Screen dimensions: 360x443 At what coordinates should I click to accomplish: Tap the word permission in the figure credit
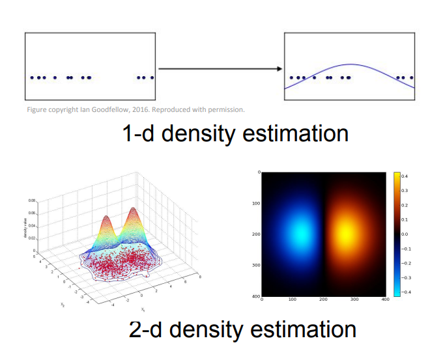coord(225,109)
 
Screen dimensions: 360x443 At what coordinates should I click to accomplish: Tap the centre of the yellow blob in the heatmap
coord(346,232)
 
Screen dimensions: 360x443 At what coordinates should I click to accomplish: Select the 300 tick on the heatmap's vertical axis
coord(256,265)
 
